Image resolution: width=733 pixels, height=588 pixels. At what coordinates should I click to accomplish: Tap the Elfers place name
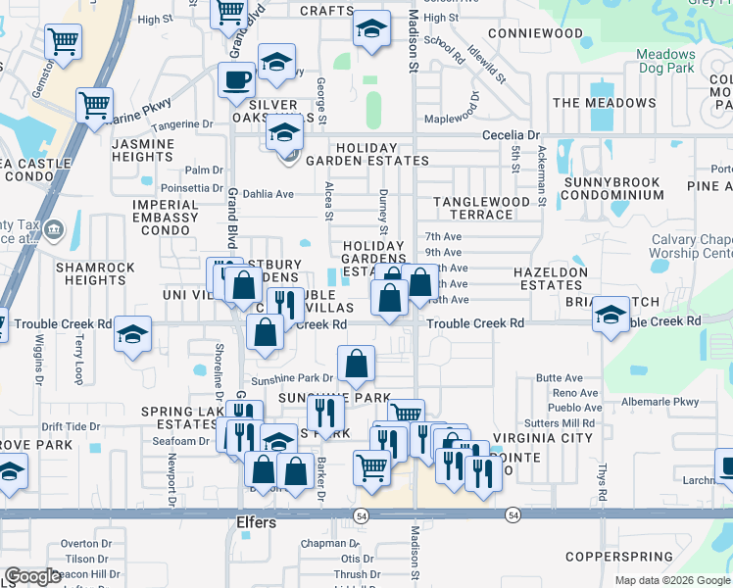257,522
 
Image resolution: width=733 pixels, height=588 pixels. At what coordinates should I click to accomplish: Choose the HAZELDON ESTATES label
552,278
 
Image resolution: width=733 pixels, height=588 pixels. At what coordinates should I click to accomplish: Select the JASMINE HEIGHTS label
143,150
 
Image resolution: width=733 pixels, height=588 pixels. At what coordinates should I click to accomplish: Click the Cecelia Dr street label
511,135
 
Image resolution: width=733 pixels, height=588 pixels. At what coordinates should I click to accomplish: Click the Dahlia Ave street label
269,194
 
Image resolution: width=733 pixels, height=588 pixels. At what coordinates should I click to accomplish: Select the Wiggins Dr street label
40,359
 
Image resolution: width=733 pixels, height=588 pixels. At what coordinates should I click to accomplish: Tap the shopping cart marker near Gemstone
63,42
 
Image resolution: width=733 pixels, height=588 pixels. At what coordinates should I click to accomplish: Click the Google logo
33,576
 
